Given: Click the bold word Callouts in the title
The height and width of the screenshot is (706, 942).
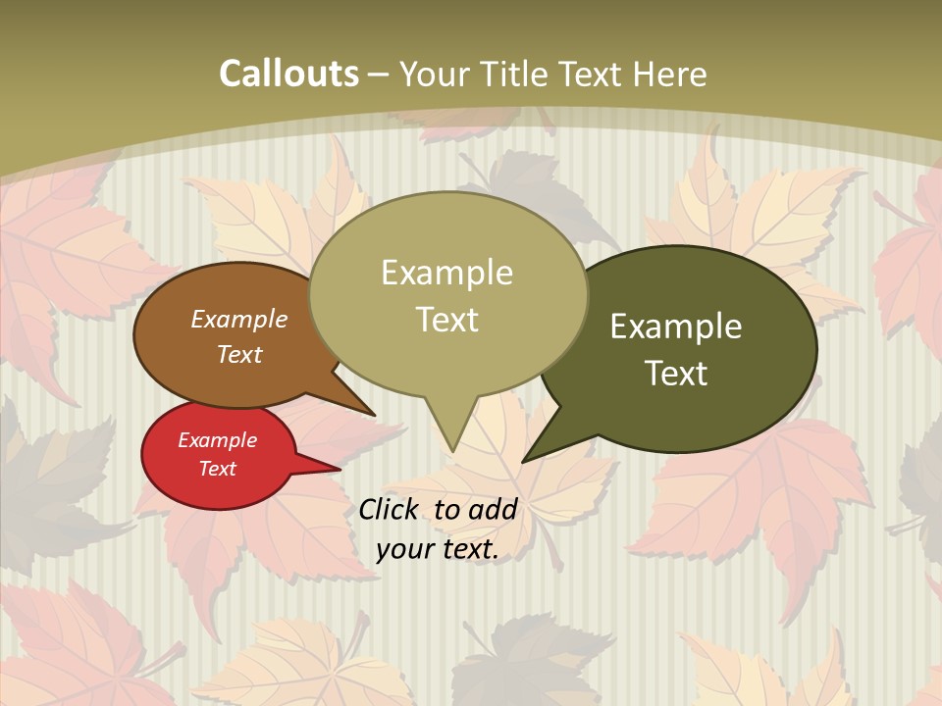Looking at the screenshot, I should [288, 74].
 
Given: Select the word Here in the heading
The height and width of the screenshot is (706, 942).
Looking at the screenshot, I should [669, 74].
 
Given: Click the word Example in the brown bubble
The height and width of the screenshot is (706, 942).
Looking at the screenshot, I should [239, 319].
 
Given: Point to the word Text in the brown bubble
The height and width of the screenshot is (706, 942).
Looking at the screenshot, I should [239, 354].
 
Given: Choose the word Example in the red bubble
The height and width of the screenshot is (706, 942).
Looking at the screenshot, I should [217, 440].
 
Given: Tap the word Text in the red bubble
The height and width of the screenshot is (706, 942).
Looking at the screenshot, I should [217, 469].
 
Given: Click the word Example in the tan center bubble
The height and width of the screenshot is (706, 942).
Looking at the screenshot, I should [446, 273].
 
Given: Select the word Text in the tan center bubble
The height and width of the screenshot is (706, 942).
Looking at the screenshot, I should [446, 320].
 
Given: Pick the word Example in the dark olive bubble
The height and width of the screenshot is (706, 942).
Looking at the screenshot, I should [676, 327].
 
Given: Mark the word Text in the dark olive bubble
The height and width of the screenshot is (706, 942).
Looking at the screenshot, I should [676, 374].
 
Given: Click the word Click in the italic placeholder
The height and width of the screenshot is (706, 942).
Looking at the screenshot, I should [388, 510].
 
